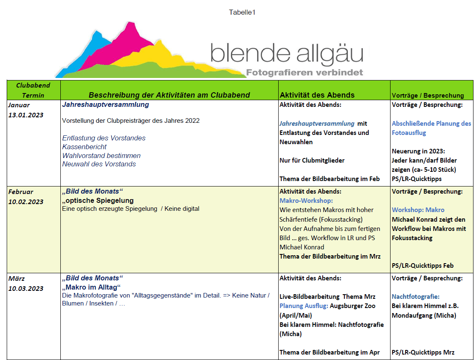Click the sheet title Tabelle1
[242, 12]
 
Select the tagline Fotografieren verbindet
[304, 73]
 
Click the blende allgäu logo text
[287, 54]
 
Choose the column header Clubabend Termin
[33, 90]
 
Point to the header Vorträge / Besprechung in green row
[428, 95]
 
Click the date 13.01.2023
[26, 115]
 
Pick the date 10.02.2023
[26, 202]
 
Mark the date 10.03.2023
[26, 288]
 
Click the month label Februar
[21, 192]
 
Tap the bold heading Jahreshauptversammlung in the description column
[105, 105]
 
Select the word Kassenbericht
[84, 147]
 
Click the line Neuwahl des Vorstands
[99, 164]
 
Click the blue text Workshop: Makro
[418, 210]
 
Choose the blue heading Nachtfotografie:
[416, 296]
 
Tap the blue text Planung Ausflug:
[304, 306]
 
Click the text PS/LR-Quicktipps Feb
[423, 265]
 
